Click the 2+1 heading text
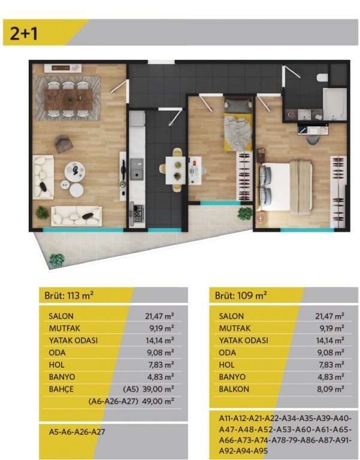[24, 33]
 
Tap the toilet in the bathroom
[322, 77]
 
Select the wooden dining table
[69, 99]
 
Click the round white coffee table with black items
[75, 172]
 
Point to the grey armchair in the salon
[63, 144]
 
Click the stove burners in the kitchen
[138, 214]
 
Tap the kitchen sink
[137, 169]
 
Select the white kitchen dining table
[176, 171]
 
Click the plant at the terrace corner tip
[57, 260]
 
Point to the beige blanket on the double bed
[300, 187]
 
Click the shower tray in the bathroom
[335, 104]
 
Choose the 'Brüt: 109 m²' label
[241, 295]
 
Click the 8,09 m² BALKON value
[331, 389]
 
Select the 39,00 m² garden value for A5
[158, 389]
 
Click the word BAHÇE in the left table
[61, 389]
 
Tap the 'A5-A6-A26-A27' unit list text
[77, 432]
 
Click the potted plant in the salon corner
[43, 213]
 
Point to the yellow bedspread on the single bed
[238, 132]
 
